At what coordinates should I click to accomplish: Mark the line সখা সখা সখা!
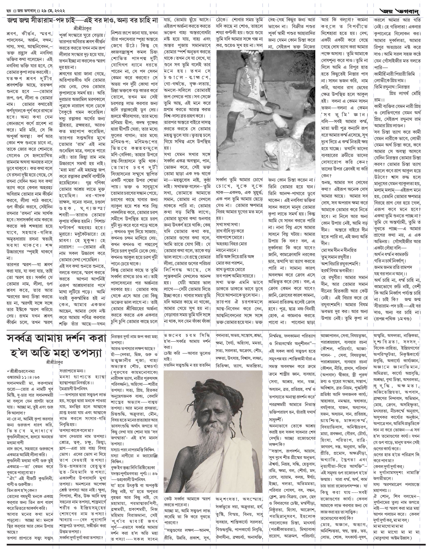click(x=228, y=224)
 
